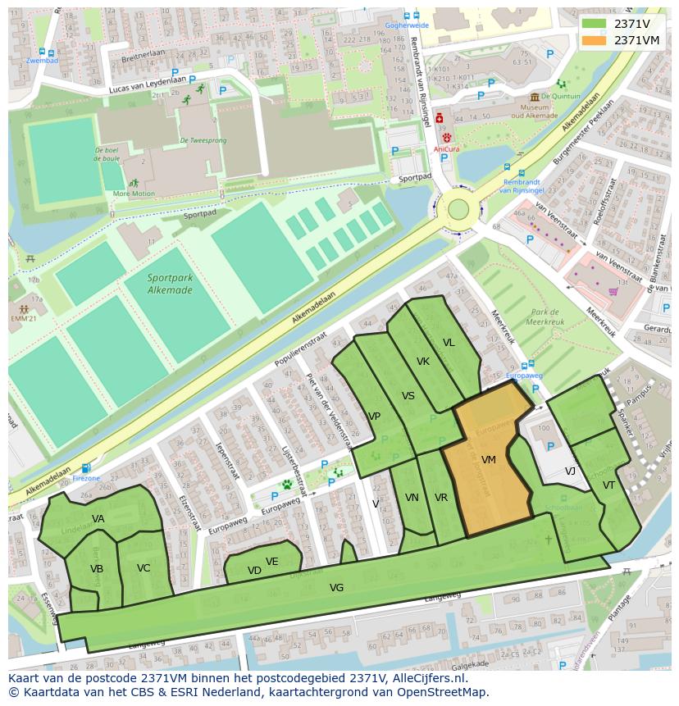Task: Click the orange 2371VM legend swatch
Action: pyautogui.click(x=595, y=40)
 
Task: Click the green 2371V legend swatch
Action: pyautogui.click(x=595, y=24)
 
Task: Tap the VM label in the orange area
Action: pyautogui.click(x=489, y=460)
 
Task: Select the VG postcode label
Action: pyautogui.click(x=336, y=587)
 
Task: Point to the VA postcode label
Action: pyautogui.click(x=98, y=518)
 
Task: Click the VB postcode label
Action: pyautogui.click(x=97, y=568)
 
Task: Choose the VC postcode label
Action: pyautogui.click(x=144, y=567)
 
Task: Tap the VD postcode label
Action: pyautogui.click(x=254, y=571)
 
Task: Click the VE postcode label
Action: pyautogui.click(x=272, y=562)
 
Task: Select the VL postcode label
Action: pyautogui.click(x=449, y=343)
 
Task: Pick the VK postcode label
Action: pyautogui.click(x=423, y=362)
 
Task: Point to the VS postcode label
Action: pyautogui.click(x=408, y=396)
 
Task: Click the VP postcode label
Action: pyautogui.click(x=374, y=417)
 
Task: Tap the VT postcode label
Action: pyautogui.click(x=608, y=485)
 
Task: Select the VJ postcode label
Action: pyautogui.click(x=570, y=471)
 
